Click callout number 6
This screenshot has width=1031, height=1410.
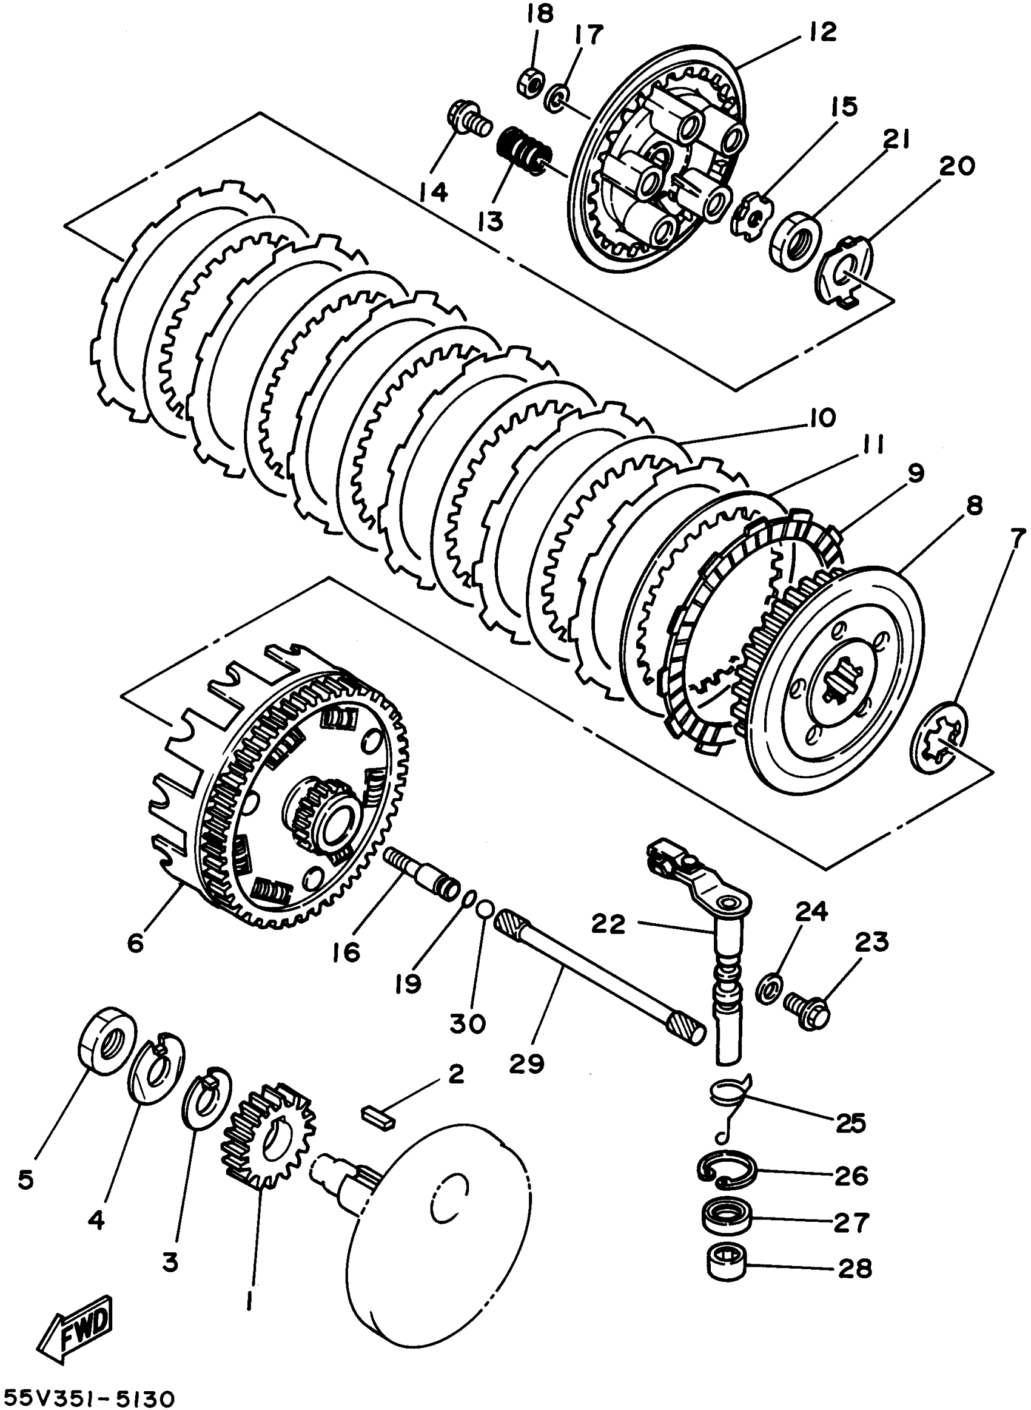pyautogui.click(x=135, y=943)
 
